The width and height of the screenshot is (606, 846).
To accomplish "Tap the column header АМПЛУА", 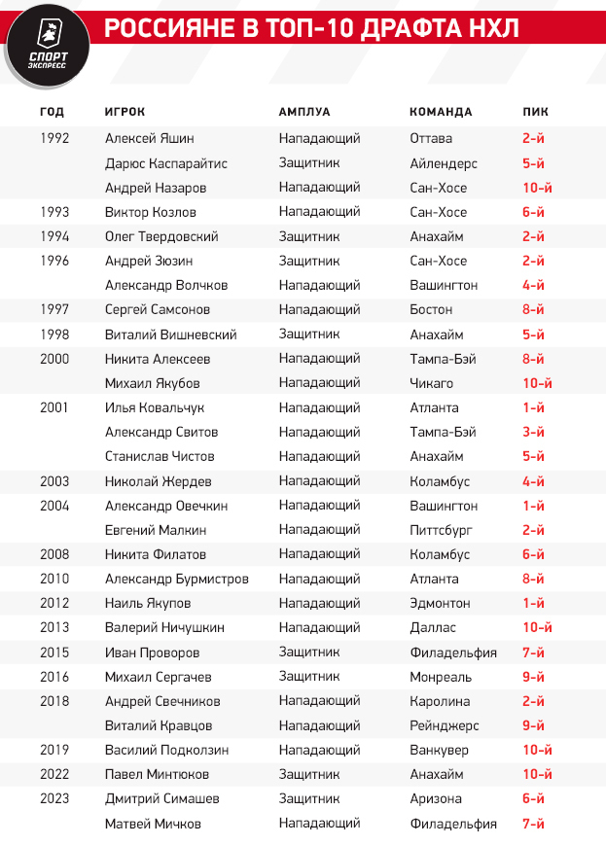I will pyautogui.click(x=304, y=112).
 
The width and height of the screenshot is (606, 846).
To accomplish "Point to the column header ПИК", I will pyautogui.click(x=535, y=112).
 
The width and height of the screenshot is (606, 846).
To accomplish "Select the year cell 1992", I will pyautogui.click(x=55, y=139).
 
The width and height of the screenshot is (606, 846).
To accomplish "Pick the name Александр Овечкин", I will pyautogui.click(x=166, y=506).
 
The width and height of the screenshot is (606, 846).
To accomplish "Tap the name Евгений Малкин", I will pyautogui.click(x=156, y=530).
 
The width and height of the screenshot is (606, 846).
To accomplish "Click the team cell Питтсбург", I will pyautogui.click(x=443, y=530).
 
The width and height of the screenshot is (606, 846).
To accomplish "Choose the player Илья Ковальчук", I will pyautogui.click(x=155, y=407).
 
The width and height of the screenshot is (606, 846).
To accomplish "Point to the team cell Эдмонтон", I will pyautogui.click(x=440, y=603).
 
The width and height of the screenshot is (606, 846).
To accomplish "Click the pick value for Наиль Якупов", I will pyautogui.click(x=533, y=603).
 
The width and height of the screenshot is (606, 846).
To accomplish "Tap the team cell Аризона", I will pyautogui.click(x=435, y=798).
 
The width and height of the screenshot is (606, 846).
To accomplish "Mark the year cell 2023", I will pyautogui.click(x=55, y=798).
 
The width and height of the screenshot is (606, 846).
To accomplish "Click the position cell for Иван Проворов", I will pyautogui.click(x=308, y=652).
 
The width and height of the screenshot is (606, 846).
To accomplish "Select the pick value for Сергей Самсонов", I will pyautogui.click(x=533, y=310).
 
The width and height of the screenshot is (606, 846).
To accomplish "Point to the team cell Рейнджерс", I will pyautogui.click(x=444, y=725).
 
